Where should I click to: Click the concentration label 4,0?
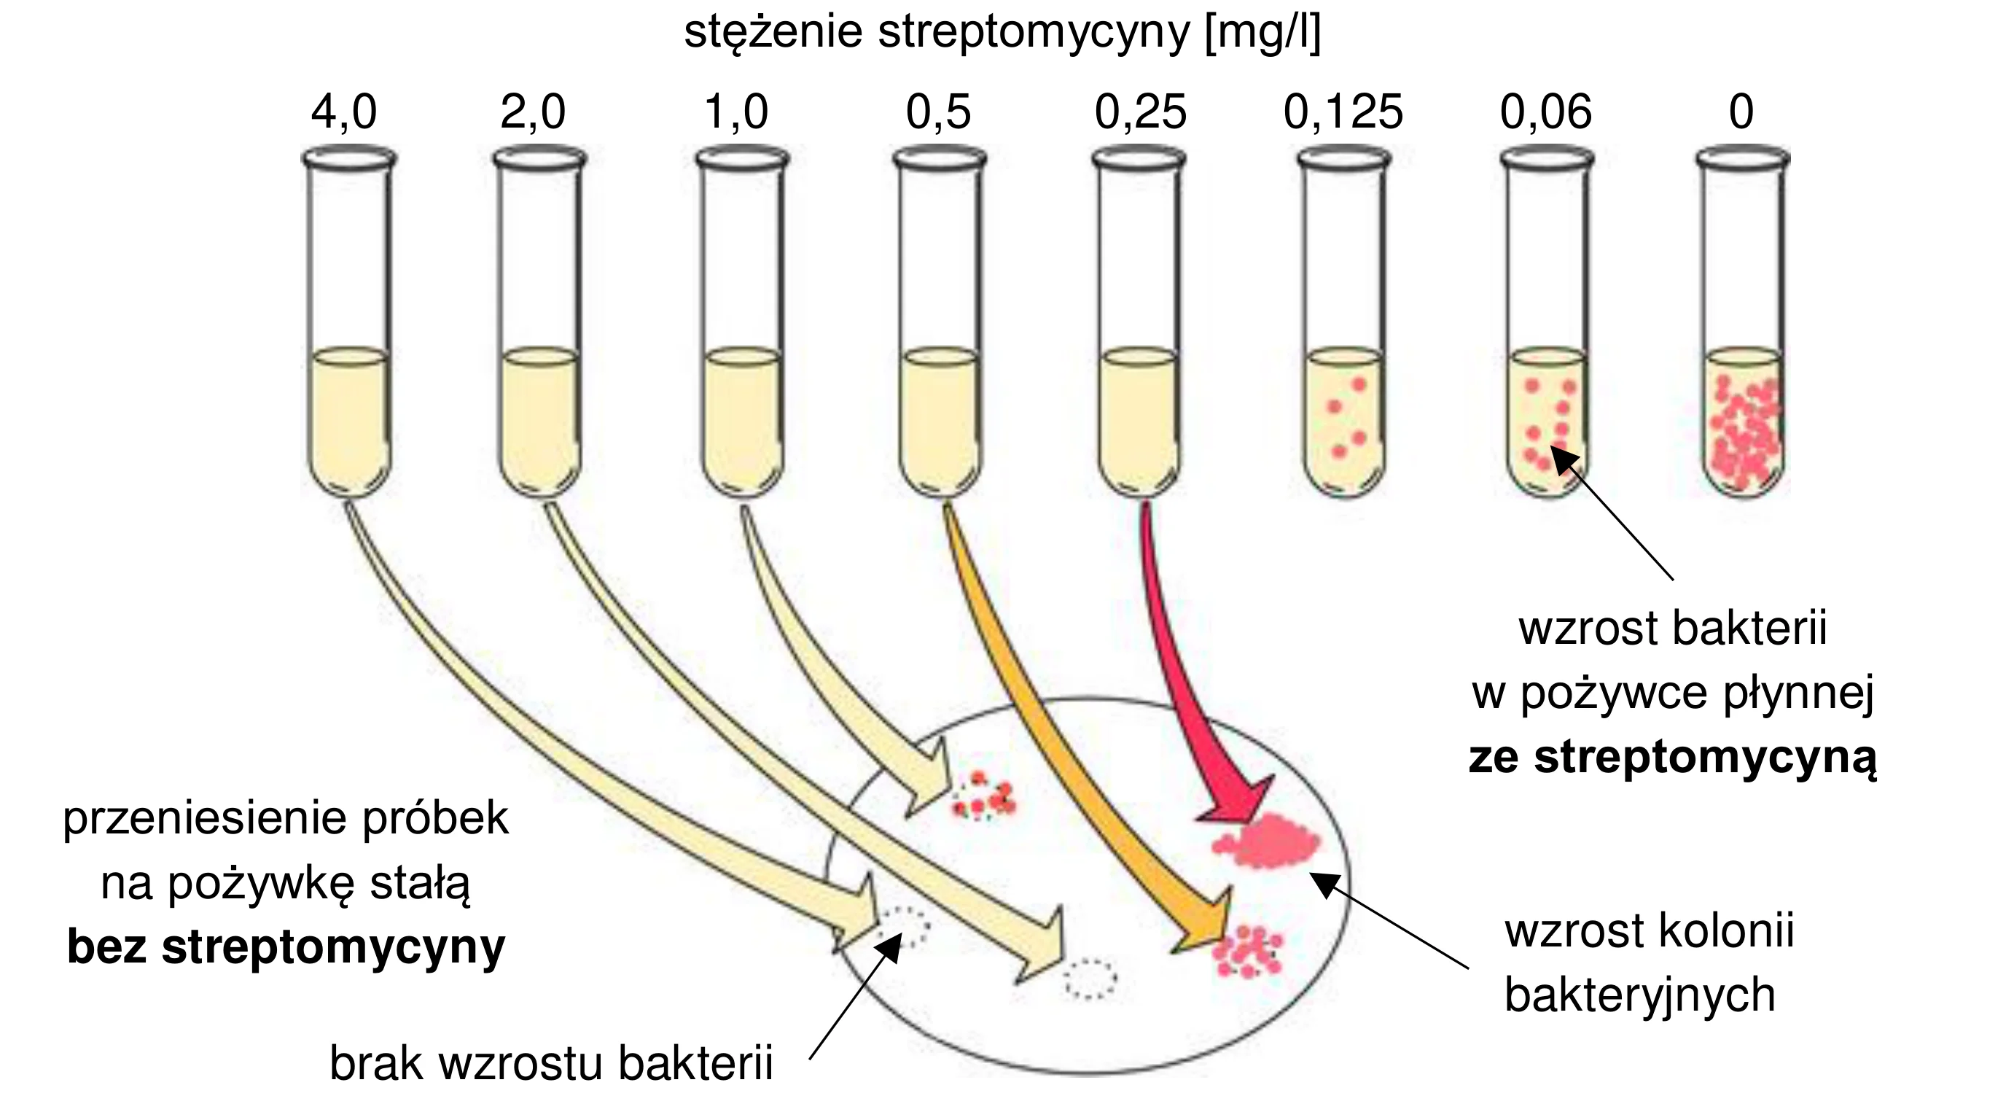(x=344, y=112)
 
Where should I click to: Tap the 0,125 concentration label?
(x=1343, y=112)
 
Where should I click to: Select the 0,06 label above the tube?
(x=1546, y=112)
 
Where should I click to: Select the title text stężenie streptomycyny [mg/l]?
(x=1002, y=33)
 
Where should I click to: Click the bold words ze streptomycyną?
(x=1673, y=758)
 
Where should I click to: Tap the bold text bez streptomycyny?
(x=286, y=948)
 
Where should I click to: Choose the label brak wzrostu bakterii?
(x=551, y=1064)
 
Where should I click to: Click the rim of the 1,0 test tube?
(x=743, y=159)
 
